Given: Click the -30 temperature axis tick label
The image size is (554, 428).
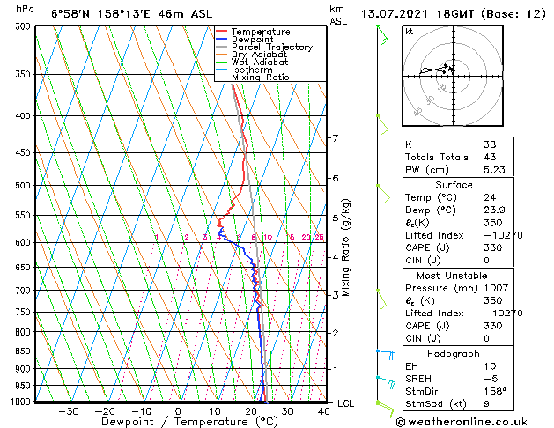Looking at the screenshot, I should [68, 410].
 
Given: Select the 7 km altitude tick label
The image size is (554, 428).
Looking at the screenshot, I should [335, 138].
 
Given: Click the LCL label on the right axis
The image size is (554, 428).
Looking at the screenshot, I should [346, 403].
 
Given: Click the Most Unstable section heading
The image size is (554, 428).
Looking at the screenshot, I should [454, 275].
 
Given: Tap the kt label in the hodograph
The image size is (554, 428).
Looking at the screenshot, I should [409, 31].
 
